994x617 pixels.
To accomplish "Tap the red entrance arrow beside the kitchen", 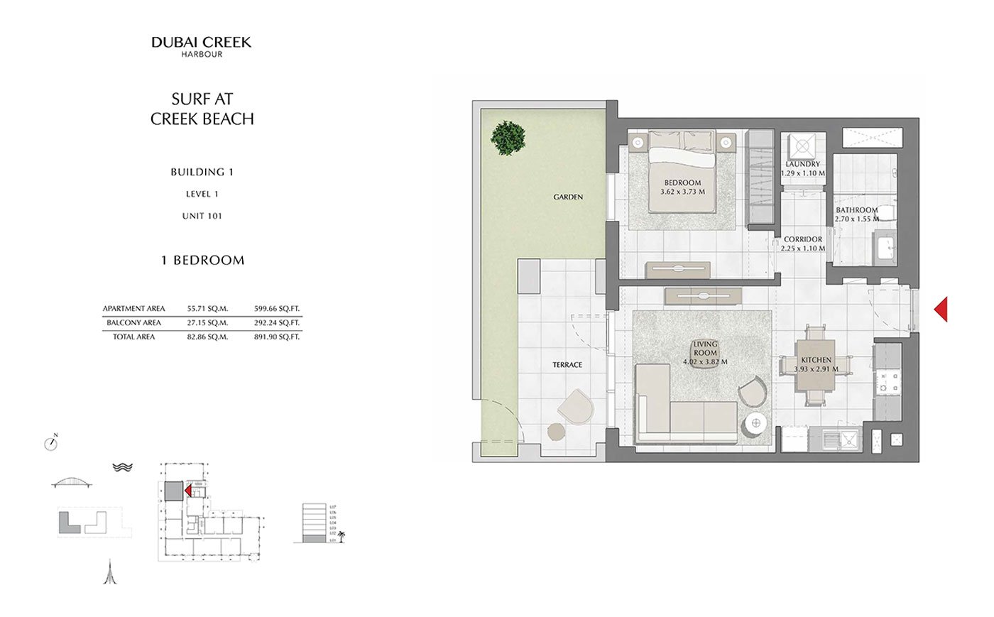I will point(941,309).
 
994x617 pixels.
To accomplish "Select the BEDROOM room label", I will point(682,182).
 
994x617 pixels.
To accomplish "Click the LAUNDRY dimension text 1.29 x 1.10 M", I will point(803,173).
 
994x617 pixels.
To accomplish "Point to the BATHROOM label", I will point(856,210).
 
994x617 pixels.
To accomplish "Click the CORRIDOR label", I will point(803,240).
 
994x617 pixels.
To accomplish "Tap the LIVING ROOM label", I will point(705,348).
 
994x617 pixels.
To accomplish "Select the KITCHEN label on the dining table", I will point(816,360).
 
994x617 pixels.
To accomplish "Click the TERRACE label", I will point(567,365).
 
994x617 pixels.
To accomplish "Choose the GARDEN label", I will point(568,197).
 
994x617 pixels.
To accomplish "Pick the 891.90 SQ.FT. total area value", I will point(277,337).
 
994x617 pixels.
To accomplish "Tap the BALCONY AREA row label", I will point(133,323).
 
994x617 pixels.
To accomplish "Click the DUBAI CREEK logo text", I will point(201,42).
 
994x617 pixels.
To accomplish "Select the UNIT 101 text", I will point(202,216).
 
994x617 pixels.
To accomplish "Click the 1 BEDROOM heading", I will point(202,261).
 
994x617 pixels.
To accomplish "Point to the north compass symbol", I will point(50,443).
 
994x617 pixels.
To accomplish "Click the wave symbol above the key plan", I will point(123,467).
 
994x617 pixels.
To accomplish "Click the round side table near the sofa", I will point(755,425).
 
